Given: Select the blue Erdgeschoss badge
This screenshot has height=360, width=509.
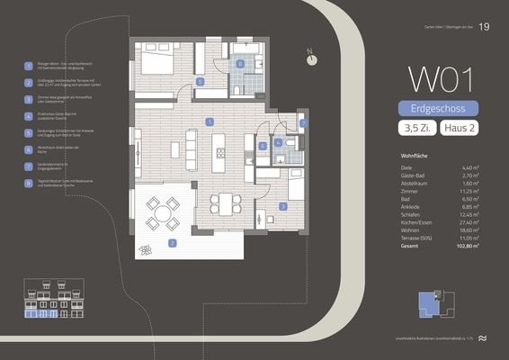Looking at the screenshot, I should pos(438,109).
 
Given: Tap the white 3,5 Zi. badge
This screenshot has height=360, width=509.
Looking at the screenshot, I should pos(415,129).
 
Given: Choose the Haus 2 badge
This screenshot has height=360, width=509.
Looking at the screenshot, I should pos(459,129).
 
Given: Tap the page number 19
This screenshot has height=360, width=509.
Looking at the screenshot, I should pos(485,27).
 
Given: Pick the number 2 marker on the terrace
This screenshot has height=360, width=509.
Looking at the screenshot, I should pos(173,242).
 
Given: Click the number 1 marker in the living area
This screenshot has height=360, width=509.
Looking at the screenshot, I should pos(210,121).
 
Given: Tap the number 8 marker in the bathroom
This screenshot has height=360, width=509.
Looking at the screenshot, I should pos(240,64).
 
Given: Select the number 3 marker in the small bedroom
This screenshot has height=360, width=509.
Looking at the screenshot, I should pos(282,206).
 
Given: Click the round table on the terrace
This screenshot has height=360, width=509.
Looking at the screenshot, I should pos(164,213).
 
